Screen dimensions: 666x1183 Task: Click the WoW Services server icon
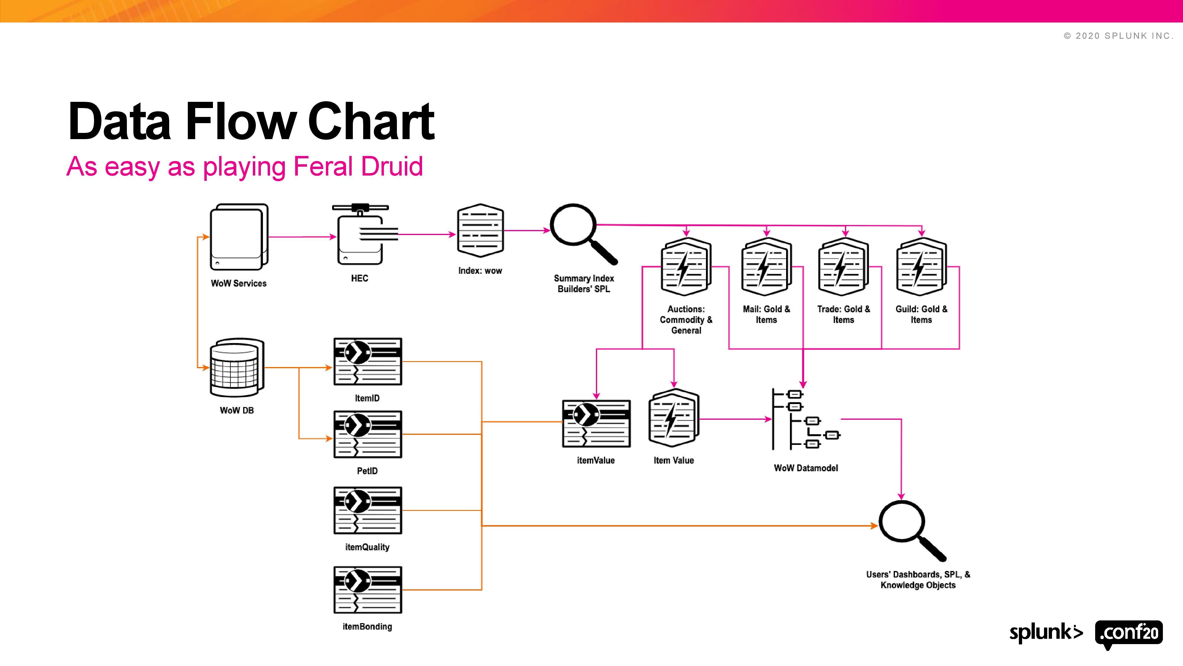tap(239, 237)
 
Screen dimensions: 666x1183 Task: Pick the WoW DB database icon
tap(237, 368)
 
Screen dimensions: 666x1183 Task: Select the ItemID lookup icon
tap(367, 362)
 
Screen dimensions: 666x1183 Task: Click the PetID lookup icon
tap(367, 434)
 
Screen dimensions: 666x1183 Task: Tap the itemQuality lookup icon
tap(367, 510)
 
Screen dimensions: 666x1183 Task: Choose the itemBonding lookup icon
tap(367, 590)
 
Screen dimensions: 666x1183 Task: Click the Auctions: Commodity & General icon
tap(686, 267)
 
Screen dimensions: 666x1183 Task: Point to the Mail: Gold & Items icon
tap(766, 267)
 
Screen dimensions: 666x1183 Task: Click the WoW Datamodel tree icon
tap(806, 419)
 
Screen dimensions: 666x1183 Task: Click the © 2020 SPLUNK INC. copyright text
tap(1118, 36)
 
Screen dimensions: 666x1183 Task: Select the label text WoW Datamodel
tap(806, 468)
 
